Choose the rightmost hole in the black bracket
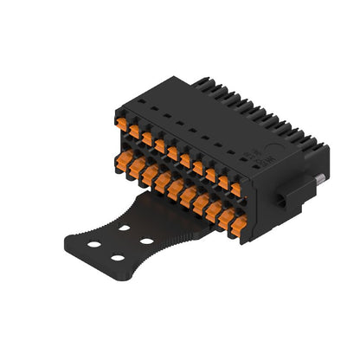click(x=146, y=241)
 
